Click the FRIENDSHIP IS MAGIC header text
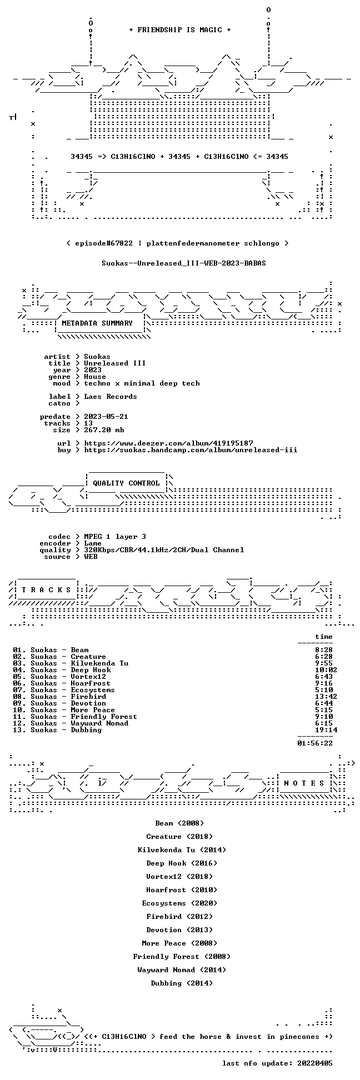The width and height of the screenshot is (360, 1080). point(180,30)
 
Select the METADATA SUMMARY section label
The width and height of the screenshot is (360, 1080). point(97,323)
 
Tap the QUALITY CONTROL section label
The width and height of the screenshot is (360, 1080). point(126,483)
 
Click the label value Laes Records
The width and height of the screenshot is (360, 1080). point(111,397)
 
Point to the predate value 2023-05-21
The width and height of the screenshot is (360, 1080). point(106,417)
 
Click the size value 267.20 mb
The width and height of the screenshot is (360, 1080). point(104,430)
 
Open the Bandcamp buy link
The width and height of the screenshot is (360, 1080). point(191,450)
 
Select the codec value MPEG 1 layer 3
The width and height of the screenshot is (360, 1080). point(115,537)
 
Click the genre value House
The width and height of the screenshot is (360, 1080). point(95,377)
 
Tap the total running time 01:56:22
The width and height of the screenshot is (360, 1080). point(315,743)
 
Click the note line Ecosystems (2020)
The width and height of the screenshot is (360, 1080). point(179,903)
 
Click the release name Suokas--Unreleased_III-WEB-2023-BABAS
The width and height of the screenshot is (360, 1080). point(184,263)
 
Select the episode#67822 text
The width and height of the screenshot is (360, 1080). point(103,243)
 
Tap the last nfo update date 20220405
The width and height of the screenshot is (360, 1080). point(315,1063)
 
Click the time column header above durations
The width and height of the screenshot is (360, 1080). point(324,637)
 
